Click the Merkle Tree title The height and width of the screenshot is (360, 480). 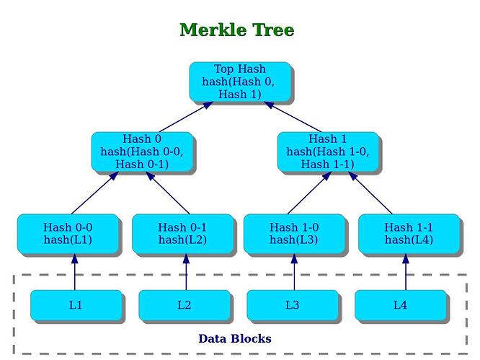click(236, 30)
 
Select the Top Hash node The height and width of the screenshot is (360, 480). click(240, 82)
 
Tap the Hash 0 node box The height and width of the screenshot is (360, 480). click(142, 152)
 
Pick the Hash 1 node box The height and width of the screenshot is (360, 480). click(327, 152)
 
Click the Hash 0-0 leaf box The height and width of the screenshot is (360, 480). click(68, 234)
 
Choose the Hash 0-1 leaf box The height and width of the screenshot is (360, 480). click(182, 234)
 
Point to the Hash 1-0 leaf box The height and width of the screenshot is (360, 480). click(293, 234)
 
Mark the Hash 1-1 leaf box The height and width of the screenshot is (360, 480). click(409, 234)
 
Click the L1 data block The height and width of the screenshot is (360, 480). click(76, 305)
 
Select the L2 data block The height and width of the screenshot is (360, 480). click(184, 305)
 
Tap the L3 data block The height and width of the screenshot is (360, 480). click(292, 305)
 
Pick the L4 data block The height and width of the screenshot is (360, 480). click(400, 305)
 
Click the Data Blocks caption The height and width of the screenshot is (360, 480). click(235, 338)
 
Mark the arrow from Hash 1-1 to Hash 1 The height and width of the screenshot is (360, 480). click(373, 194)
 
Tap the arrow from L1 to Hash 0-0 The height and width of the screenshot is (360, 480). click(74, 273)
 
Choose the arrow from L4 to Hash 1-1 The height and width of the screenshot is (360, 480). click(405, 273)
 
